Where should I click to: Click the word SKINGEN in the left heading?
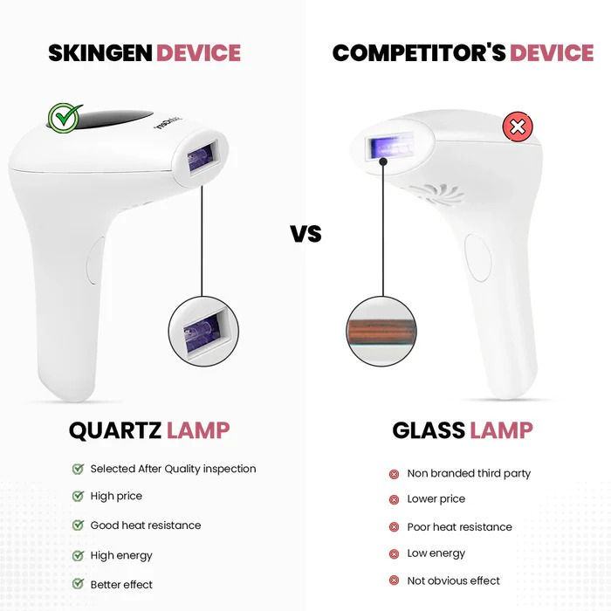coord(99,52)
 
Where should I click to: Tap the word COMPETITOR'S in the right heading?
coord(418,52)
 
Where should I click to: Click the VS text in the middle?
coord(305,234)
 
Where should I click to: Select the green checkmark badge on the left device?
coord(64,118)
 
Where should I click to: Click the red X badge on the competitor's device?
coord(518,128)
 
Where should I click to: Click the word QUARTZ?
coord(114,429)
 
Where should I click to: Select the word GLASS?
coord(428,429)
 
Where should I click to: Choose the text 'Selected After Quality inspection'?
coord(173,469)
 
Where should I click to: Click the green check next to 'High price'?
coord(78,496)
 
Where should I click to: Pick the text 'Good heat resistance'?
coord(146,525)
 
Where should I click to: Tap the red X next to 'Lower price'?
coord(394,500)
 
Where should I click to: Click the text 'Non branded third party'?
coord(469,473)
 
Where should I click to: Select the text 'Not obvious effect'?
coord(454,580)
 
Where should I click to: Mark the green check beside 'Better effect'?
coord(78,584)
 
